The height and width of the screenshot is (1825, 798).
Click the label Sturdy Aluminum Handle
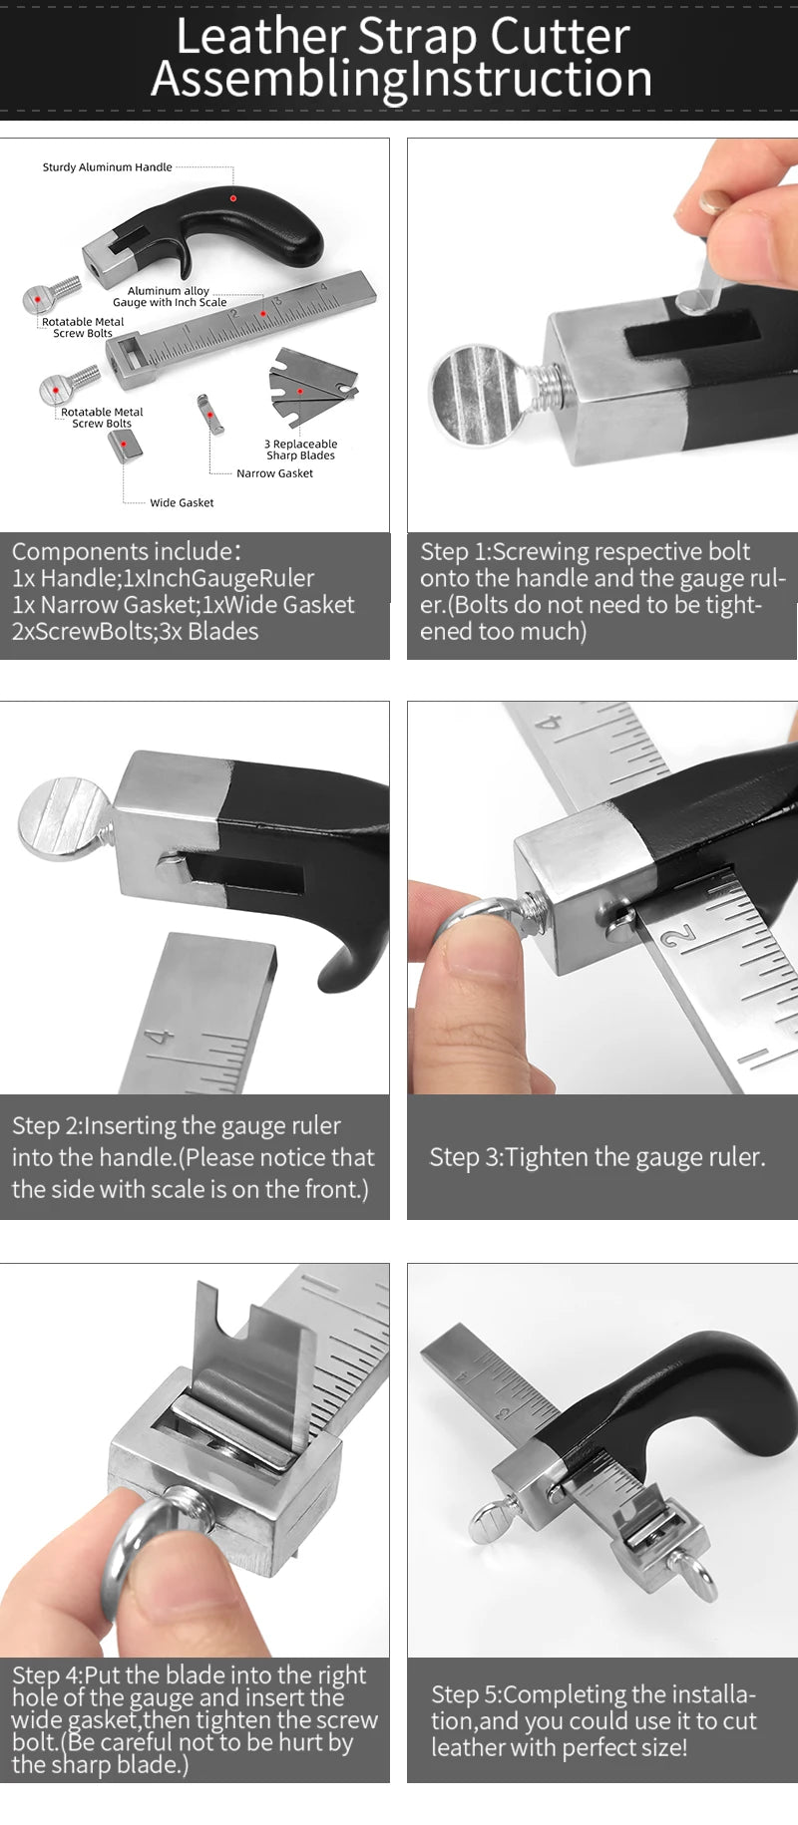pos(107,167)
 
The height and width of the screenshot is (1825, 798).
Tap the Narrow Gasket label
pos(274,473)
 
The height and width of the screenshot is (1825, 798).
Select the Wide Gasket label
pos(182,502)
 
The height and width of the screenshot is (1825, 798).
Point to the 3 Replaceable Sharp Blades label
pos(300,450)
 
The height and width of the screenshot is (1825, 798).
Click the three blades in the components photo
pos(311,385)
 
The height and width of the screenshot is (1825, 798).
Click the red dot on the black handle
pos(233,198)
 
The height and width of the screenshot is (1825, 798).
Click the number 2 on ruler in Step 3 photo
pos(679,937)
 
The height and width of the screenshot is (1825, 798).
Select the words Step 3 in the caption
pos(463,1157)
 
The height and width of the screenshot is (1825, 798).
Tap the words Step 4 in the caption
pos(45,1675)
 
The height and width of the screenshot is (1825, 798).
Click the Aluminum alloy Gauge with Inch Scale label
pos(169,296)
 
